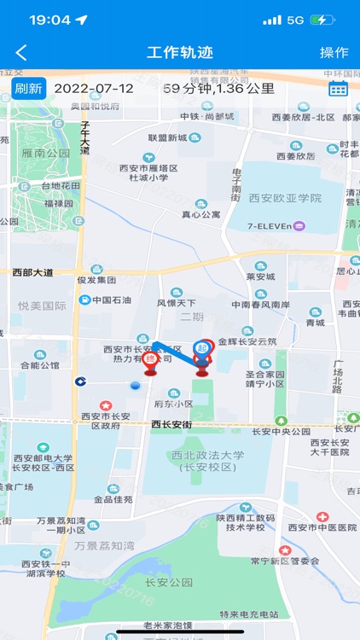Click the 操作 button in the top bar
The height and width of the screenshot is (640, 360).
pos(334,52)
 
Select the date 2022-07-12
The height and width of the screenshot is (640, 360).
pos(94,88)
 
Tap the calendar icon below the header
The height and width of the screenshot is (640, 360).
pos(338,88)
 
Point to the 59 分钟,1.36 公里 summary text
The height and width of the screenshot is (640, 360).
pos(219,88)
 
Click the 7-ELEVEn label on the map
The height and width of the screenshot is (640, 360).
pos(276,226)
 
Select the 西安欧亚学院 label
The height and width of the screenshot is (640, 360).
pos(285,197)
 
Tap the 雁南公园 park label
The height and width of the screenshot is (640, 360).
pos(47,154)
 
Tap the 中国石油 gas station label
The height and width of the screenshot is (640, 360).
pos(111,300)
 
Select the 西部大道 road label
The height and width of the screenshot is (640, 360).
pos(32,272)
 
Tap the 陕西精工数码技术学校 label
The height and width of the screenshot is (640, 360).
pos(247,521)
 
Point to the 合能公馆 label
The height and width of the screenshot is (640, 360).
pos(39,365)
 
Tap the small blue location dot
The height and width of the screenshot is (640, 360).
pos(135,387)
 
